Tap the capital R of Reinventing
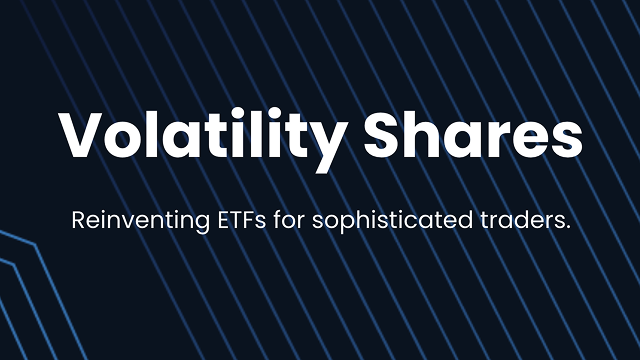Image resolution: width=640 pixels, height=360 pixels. [78, 220]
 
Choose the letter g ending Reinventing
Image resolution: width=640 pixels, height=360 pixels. [180, 223]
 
